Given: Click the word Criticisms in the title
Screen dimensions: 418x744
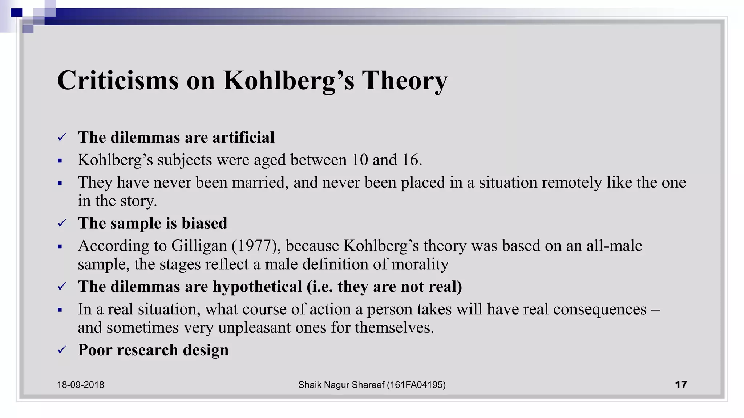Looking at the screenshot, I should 118,80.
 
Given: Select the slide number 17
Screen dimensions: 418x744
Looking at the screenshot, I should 681,384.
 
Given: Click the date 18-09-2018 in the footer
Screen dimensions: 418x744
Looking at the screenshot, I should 80,385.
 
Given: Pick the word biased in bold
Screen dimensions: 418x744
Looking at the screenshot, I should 205,223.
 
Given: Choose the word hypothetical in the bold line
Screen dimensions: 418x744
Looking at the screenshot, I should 257,287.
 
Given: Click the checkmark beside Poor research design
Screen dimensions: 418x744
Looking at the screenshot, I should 62,350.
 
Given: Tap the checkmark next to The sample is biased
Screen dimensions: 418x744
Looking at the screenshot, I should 62,223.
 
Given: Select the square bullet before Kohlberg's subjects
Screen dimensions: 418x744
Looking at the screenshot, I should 60,160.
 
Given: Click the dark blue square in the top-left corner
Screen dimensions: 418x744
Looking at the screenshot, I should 16,13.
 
